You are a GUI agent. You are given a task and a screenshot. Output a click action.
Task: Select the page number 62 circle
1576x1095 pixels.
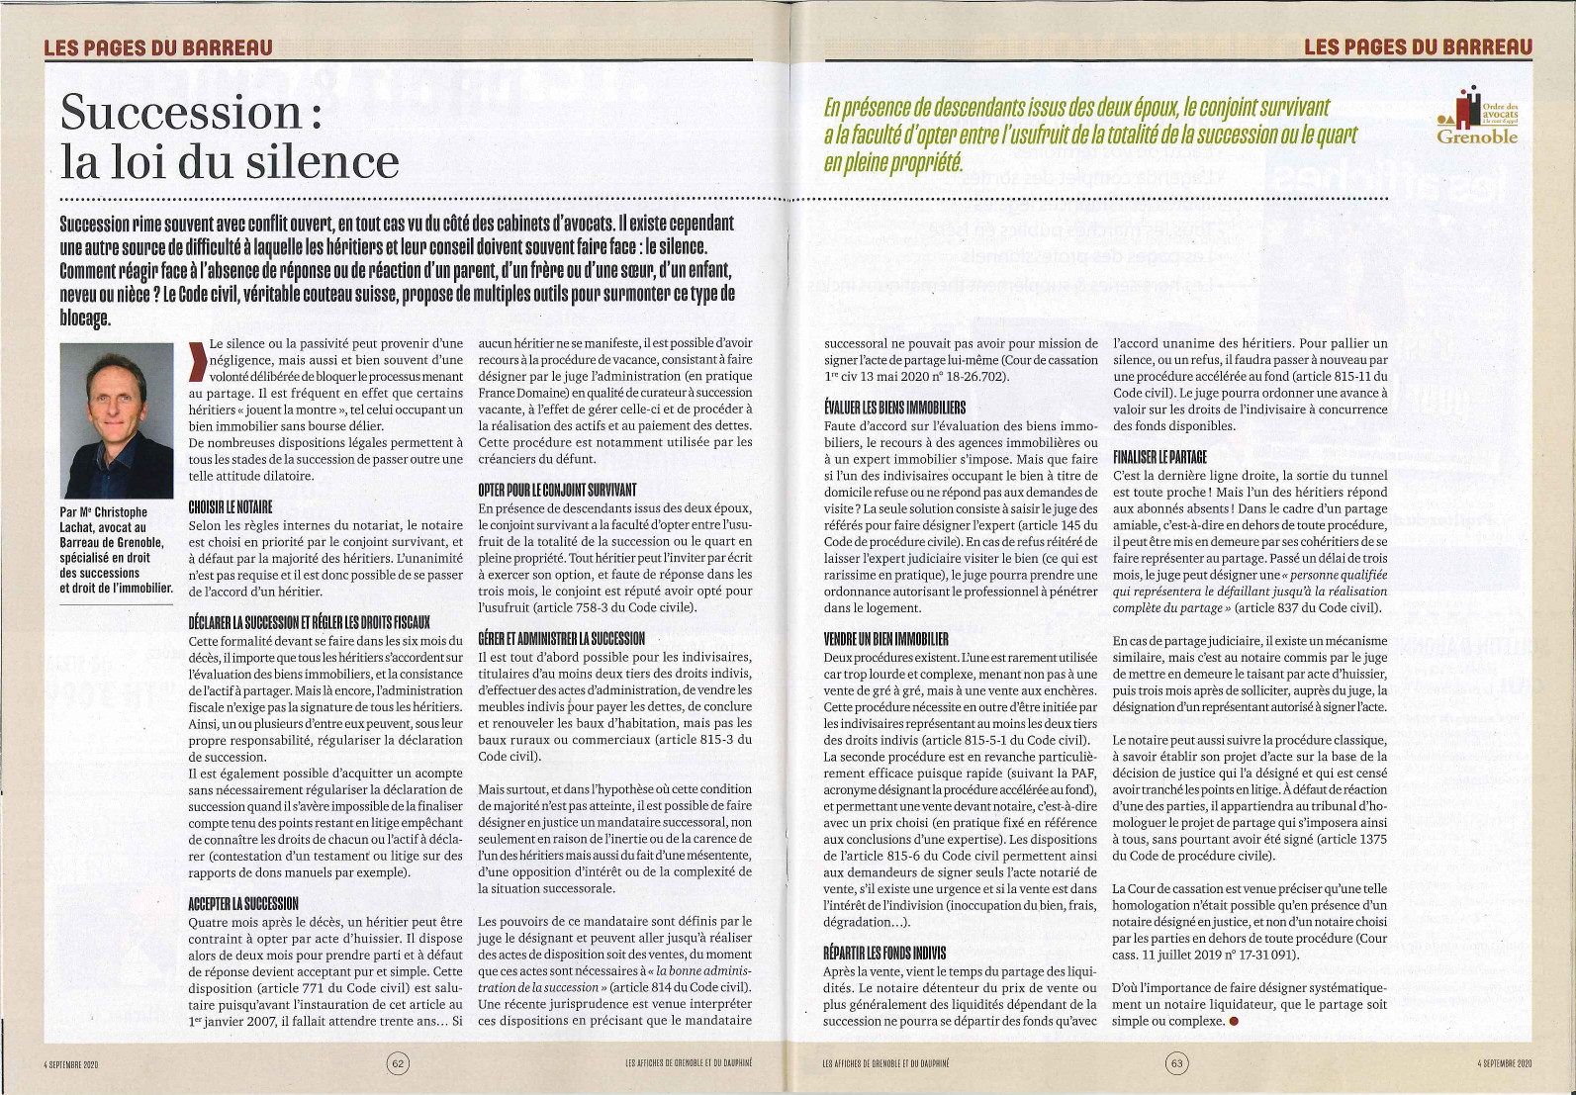[398, 1063]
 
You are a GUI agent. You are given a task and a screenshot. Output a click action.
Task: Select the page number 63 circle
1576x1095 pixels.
[1176, 1063]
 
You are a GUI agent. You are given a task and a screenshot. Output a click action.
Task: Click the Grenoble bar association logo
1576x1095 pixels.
[1477, 117]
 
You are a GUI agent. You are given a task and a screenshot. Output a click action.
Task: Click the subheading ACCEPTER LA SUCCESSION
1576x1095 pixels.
[243, 902]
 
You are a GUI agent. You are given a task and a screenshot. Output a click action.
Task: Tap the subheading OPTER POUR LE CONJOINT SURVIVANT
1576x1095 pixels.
[557, 490]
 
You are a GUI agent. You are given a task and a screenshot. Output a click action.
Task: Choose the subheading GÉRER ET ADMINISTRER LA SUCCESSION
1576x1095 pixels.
[561, 638]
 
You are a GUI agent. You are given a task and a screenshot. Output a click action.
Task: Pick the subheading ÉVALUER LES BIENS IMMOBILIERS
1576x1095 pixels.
[894, 408]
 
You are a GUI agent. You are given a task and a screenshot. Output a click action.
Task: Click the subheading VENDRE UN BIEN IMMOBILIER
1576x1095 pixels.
[885, 638]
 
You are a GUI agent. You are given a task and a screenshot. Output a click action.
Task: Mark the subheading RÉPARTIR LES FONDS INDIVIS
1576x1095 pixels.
[884, 953]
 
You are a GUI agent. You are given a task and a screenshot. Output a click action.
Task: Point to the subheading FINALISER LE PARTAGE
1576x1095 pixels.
[1159, 457]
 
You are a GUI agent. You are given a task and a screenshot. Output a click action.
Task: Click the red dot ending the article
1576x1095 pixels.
[1233, 1021]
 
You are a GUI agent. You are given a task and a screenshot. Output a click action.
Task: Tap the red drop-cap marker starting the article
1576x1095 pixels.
[198, 361]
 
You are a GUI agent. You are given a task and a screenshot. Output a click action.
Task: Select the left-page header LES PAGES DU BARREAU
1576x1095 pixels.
[158, 46]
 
